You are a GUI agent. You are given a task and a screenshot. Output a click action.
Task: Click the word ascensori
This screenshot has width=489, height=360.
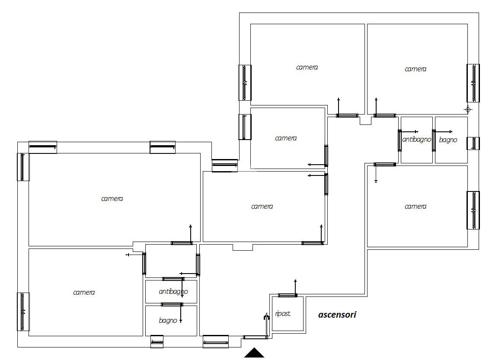point(337,315)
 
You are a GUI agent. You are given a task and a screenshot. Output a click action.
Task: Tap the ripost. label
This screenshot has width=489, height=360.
point(283,314)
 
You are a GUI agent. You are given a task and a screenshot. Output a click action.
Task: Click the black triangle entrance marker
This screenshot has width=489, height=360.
point(254,353)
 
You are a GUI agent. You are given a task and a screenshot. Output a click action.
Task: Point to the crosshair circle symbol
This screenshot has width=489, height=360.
point(467,109)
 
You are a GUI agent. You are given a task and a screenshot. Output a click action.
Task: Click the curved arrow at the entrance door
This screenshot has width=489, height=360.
point(266,316)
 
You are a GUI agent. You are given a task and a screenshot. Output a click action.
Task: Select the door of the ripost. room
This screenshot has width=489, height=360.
point(288,295)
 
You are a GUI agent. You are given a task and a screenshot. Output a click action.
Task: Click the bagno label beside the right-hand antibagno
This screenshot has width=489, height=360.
point(448,140)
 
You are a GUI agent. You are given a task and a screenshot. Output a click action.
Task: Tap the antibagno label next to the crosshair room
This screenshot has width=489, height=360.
point(417,139)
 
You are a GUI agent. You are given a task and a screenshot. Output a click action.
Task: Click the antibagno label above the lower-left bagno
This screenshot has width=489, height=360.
point(173,291)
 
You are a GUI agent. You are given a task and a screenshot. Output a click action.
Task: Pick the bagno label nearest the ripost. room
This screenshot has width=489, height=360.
point(168,320)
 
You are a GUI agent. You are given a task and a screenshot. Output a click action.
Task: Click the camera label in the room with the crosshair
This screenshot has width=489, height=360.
point(415,69)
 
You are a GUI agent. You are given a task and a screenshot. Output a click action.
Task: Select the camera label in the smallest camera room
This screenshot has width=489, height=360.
point(286,138)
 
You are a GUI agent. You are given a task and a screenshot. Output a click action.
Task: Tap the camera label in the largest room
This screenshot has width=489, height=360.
point(112,198)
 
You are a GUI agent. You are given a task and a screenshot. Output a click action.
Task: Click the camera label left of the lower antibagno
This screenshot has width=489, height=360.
point(84,292)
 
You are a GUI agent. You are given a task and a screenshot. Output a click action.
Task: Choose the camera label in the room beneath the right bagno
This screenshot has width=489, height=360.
point(415,206)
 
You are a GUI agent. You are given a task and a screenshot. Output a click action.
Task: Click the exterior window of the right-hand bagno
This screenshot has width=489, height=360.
point(473,143)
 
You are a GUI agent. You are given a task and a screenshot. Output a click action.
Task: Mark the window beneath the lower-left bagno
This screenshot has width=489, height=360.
point(157,341)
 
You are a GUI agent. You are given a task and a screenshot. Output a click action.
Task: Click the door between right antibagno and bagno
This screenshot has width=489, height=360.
point(434,140)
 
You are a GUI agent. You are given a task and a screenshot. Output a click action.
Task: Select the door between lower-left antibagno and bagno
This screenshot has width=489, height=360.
point(172,305)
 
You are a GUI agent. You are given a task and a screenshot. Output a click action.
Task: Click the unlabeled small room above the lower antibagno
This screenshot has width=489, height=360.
point(171,261)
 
